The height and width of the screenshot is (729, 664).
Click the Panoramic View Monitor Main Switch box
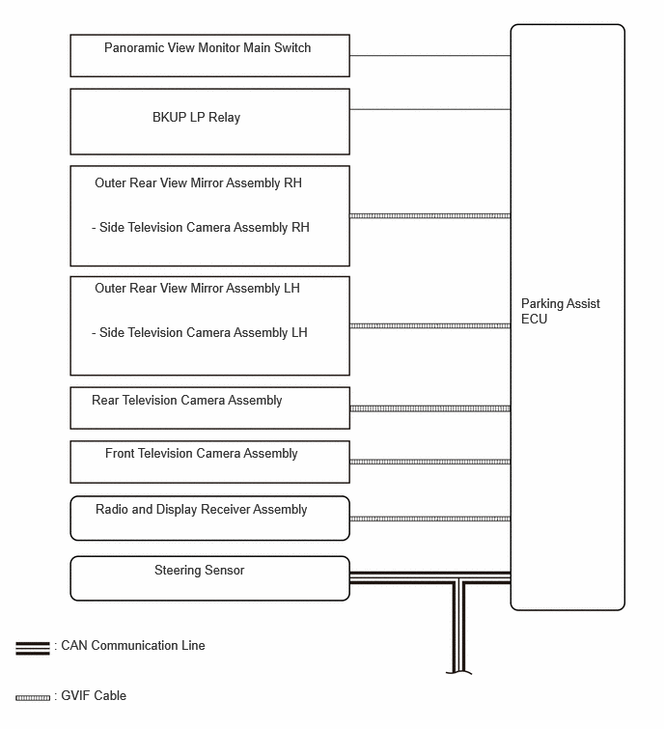click(209, 55)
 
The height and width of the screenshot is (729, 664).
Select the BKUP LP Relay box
click(209, 122)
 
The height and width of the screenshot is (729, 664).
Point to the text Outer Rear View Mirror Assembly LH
click(197, 289)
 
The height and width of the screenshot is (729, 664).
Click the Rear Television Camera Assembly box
click(209, 407)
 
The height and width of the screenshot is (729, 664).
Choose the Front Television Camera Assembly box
click(209, 462)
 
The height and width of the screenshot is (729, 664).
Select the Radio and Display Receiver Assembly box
click(209, 518)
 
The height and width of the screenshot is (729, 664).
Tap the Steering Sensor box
click(209, 578)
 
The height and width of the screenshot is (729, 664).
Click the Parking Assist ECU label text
click(561, 311)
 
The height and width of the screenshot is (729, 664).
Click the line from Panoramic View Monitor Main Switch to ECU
click(429, 56)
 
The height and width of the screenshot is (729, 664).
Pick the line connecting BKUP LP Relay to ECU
click(429, 110)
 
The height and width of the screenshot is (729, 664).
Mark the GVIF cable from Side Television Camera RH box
click(429, 215)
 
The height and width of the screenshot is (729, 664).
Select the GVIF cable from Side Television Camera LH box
click(429, 326)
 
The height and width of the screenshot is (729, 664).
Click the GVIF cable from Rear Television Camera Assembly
click(429, 408)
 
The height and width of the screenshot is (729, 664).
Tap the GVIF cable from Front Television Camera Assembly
click(429, 462)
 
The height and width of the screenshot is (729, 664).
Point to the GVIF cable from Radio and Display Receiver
click(429, 519)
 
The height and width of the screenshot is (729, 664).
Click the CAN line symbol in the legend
click(33, 648)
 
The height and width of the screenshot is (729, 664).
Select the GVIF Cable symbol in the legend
click(33, 697)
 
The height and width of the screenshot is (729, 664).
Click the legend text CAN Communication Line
click(133, 645)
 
